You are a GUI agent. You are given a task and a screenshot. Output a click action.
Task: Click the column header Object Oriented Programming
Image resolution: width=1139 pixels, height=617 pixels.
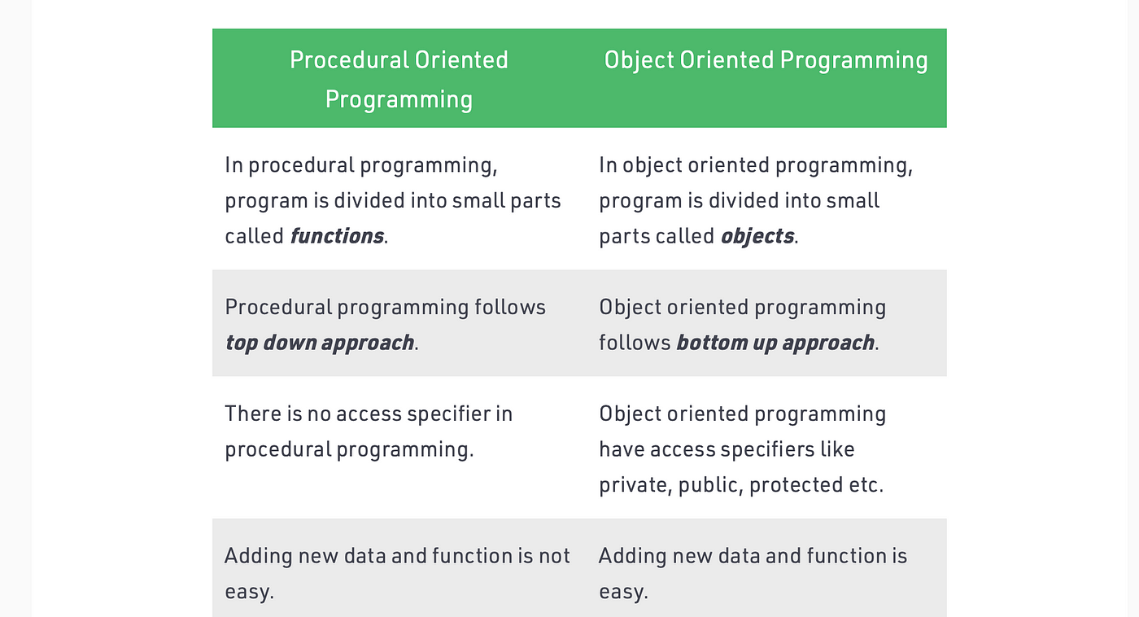tap(766, 60)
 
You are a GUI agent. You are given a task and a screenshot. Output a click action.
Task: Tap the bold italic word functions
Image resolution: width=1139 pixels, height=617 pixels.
tap(337, 236)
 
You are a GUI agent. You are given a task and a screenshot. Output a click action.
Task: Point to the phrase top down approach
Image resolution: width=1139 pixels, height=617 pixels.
tap(319, 344)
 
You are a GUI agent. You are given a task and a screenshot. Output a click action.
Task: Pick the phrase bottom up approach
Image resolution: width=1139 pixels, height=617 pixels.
tap(775, 344)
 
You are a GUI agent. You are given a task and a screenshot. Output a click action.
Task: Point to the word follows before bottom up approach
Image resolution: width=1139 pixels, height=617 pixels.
tap(635, 343)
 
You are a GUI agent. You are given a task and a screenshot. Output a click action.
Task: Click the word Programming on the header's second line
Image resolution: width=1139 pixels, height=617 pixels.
tap(399, 99)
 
